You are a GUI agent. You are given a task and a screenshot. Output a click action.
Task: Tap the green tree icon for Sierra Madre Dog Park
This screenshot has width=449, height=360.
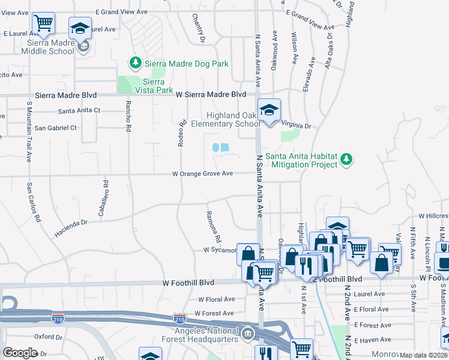136,63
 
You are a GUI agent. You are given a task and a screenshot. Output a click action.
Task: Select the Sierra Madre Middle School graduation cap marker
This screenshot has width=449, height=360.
80,28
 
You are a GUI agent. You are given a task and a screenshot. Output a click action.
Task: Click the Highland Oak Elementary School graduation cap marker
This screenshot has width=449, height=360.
270,110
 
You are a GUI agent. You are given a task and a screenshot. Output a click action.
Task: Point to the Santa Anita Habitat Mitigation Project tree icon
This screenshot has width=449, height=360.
346,160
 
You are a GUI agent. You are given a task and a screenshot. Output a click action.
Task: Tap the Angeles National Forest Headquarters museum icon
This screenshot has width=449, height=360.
248,332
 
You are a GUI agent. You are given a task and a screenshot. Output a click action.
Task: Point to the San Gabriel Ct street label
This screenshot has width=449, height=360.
55,128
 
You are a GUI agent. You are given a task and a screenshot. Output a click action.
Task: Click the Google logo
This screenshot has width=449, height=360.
20,353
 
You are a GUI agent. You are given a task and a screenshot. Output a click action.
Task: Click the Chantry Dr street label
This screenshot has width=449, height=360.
202,31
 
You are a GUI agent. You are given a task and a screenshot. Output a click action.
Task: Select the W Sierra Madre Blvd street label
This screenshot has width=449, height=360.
211,94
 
